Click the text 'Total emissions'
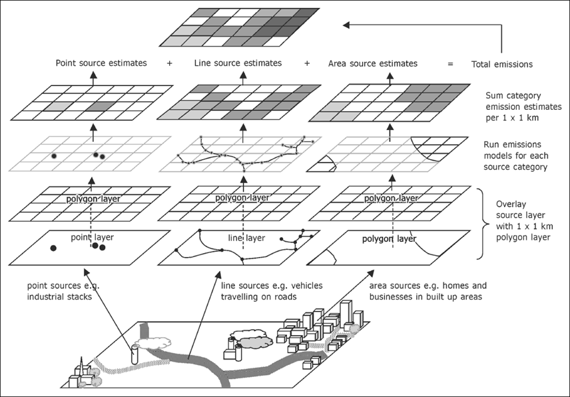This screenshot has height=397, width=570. (x=503, y=65)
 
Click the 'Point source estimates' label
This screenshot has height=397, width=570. (x=101, y=63)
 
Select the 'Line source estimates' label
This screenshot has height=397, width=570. (x=238, y=63)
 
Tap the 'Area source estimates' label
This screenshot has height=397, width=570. (x=373, y=64)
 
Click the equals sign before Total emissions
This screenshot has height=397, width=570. (x=450, y=65)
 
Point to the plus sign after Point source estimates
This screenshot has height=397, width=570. (x=170, y=64)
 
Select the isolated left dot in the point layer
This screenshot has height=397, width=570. (x=53, y=248)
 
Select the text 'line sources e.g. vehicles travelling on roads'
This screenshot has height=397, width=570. (x=272, y=291)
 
